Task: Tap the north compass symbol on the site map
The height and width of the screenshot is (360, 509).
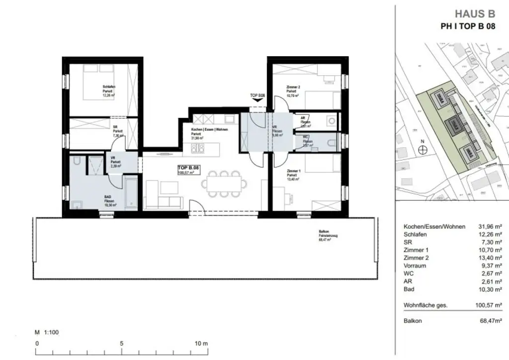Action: click(423, 151)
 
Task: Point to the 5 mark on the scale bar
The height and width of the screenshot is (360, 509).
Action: click(121, 344)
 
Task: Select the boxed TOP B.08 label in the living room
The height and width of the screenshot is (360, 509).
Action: click(188, 169)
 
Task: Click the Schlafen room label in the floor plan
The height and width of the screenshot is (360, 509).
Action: click(109, 87)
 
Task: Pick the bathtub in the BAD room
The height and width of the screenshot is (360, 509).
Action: click(131, 192)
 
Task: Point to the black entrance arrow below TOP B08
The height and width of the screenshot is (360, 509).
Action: click(258, 100)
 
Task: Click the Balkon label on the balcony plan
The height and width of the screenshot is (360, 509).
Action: click(324, 232)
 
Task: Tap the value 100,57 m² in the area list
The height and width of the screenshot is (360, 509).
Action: click(488, 305)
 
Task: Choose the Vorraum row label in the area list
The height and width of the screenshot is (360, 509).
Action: click(414, 266)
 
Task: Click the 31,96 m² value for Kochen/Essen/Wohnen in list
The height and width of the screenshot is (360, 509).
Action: click(488, 227)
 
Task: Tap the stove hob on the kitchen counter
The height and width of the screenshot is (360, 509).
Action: click(198, 148)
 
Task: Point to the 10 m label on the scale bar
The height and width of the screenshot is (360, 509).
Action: click(201, 344)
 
